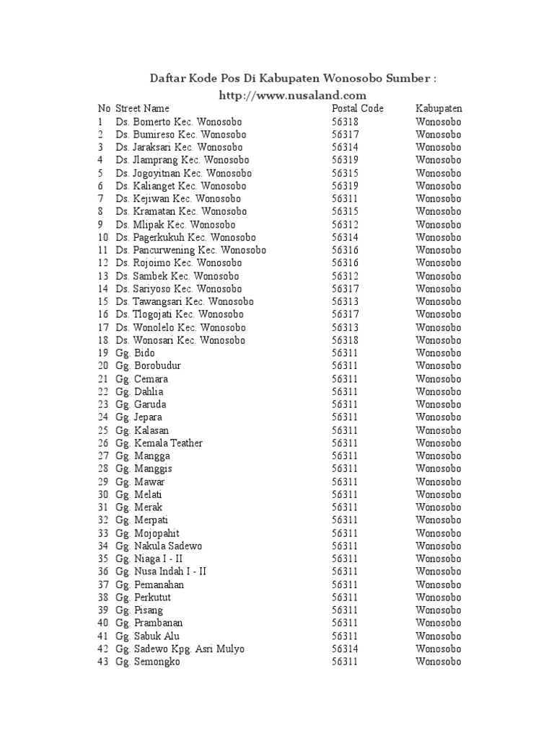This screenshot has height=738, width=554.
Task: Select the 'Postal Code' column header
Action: (358, 109)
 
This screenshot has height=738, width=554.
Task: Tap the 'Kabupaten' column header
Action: (439, 109)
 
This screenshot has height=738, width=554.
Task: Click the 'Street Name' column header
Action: (142, 109)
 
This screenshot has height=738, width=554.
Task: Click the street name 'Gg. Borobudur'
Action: (148, 365)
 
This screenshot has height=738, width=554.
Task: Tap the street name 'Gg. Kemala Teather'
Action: (159, 443)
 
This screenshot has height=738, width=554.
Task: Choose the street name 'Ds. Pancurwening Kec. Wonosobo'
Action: (190, 250)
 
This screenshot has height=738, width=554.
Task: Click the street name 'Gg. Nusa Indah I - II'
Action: (160, 572)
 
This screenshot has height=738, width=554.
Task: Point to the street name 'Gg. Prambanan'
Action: (149, 623)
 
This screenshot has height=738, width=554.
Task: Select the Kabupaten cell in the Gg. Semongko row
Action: (438, 662)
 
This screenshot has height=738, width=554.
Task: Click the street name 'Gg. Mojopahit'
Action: (146, 533)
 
